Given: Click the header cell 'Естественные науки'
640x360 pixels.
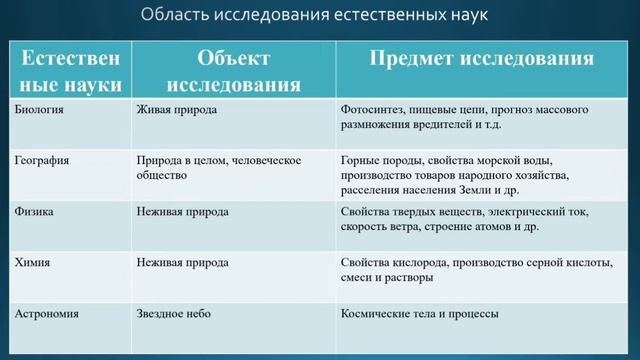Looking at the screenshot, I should (x=68, y=68).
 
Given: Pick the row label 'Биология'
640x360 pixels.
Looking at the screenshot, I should (x=41, y=108).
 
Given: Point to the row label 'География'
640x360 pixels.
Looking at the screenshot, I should (x=43, y=160).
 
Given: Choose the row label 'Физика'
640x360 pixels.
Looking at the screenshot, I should (x=36, y=212).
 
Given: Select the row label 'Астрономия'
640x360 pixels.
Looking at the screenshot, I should (x=48, y=314).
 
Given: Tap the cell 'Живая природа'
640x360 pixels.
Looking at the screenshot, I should (x=176, y=108).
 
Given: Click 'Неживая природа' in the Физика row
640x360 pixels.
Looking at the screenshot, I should (x=182, y=212).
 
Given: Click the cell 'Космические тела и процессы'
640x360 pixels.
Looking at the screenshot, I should (x=420, y=314).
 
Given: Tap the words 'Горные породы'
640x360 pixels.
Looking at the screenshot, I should (x=375, y=160).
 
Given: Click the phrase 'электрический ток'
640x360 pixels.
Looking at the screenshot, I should (x=540, y=212).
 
